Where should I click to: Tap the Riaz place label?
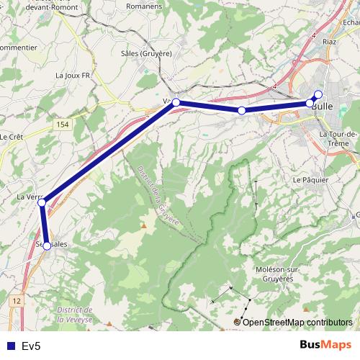[x=330, y=42]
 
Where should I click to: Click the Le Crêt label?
[x=12, y=136]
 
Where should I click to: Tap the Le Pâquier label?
[x=310, y=179]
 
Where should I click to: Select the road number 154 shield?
[x=63, y=125]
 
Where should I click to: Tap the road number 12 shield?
[x=17, y=298]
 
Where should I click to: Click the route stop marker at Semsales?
[x=47, y=246]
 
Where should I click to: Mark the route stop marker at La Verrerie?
[x=42, y=203]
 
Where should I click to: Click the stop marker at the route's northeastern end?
[x=318, y=94]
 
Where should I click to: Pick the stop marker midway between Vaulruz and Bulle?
[x=242, y=110]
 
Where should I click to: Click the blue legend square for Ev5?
[x=9, y=346]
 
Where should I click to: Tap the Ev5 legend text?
[x=31, y=346]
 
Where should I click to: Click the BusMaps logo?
[x=326, y=346]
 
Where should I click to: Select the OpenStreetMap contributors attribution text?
[x=297, y=322]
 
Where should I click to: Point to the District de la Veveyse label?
[x=77, y=314]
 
